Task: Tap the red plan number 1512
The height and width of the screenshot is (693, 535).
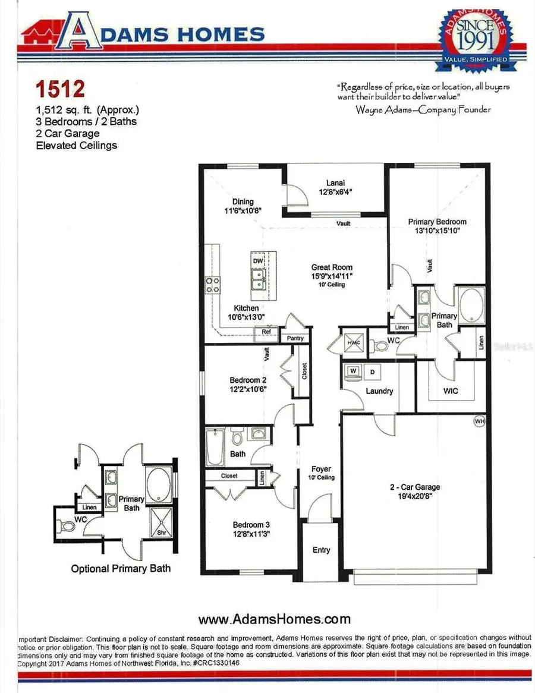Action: tap(59, 89)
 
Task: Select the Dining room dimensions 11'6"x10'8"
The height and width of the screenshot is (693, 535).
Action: tap(243, 210)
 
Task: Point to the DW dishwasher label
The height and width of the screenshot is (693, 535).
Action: tap(258, 261)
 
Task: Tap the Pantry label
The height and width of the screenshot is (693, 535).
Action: tap(295, 338)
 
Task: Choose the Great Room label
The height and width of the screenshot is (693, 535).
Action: tap(332, 267)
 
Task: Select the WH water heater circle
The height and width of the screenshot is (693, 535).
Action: tap(479, 421)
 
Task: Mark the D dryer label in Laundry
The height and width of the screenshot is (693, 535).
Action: tap(373, 372)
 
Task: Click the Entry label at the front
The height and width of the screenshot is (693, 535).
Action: tap(321, 550)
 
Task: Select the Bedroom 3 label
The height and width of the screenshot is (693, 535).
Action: tap(251, 525)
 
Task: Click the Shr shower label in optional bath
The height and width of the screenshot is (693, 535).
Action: tap(161, 533)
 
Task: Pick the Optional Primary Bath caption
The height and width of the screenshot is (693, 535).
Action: tap(121, 569)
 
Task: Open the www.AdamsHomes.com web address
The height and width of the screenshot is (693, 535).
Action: tap(274, 619)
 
